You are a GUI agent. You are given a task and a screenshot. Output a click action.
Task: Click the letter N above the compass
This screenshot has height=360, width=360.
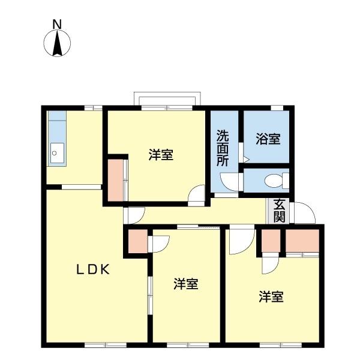[57, 25]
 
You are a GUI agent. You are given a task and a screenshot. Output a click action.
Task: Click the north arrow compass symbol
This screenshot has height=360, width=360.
[58, 43]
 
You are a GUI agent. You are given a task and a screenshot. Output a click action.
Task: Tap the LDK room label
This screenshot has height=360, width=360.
[92, 270]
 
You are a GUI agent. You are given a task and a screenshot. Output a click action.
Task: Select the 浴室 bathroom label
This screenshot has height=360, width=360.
[268, 139]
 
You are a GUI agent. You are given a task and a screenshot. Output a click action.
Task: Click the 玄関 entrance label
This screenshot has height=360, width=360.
[280, 209]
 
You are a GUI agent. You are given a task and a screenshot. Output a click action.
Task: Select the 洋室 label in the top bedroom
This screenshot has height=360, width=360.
[161, 155]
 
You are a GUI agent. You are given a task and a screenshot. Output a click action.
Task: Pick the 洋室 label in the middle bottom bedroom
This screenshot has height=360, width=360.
[186, 284]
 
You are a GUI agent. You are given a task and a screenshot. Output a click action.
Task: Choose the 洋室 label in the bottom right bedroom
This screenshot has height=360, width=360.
[271, 296]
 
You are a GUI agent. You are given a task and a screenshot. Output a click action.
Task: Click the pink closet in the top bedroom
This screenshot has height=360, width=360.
[115, 179]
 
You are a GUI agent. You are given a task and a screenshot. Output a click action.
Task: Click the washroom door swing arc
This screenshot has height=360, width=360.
[229, 182]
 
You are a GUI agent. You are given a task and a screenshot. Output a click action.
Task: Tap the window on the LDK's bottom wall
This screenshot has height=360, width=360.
[106, 344]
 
